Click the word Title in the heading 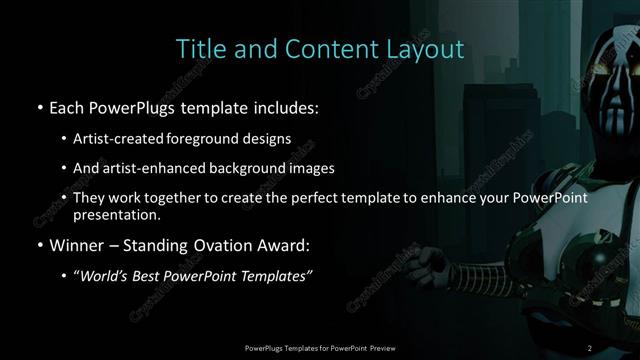pyautogui.click(x=198, y=49)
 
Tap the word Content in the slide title pyautogui.click(x=316, y=49)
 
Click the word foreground pyautogui.click(x=226, y=138)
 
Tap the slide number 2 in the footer pyautogui.click(x=590, y=347)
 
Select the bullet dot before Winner pyautogui.click(x=38, y=245)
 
